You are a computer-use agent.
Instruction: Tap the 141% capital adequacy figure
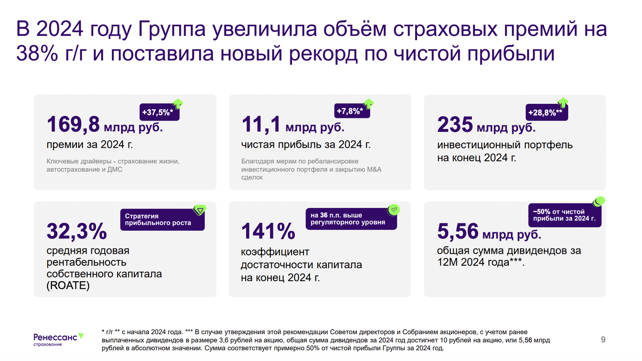point(268,232)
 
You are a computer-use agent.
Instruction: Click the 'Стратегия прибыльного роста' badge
point(162,220)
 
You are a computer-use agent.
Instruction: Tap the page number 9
point(603,339)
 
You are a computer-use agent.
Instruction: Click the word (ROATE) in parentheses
point(68,286)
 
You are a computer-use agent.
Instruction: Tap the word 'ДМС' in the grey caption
point(123,169)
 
